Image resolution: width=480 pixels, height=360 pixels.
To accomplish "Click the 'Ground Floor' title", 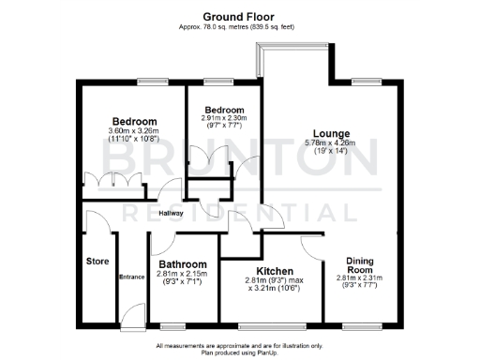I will [240, 16].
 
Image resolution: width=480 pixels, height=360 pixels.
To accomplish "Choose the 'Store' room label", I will [97, 261].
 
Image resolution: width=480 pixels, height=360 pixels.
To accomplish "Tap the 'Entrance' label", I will [131, 277].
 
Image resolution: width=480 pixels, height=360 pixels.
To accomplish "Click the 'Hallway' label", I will [170, 213].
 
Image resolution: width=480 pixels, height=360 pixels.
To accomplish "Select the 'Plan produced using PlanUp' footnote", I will [240, 352].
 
